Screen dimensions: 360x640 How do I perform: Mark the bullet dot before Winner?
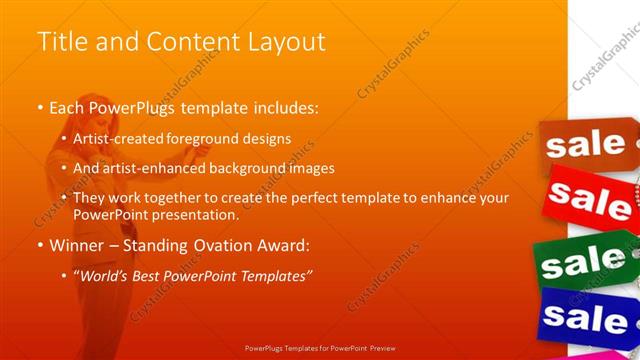(40, 245)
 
